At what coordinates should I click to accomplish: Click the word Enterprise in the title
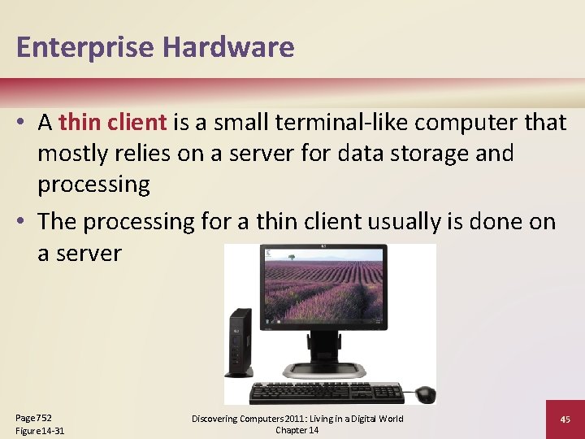click(x=85, y=48)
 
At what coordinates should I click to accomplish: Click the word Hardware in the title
click(x=228, y=47)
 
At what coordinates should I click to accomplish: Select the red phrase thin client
click(x=113, y=122)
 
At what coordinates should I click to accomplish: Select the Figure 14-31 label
click(x=40, y=430)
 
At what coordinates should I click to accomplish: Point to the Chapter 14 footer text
click(x=297, y=430)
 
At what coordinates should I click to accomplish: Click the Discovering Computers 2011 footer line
click(x=297, y=418)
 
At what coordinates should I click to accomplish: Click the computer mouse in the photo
click(x=424, y=393)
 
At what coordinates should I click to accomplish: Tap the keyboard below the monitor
click(x=326, y=393)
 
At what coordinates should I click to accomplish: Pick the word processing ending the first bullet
click(x=93, y=184)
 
